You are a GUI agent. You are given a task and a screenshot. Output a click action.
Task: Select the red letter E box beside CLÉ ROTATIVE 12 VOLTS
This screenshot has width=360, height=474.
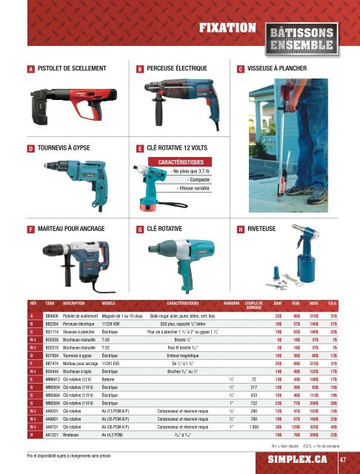[140, 147]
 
